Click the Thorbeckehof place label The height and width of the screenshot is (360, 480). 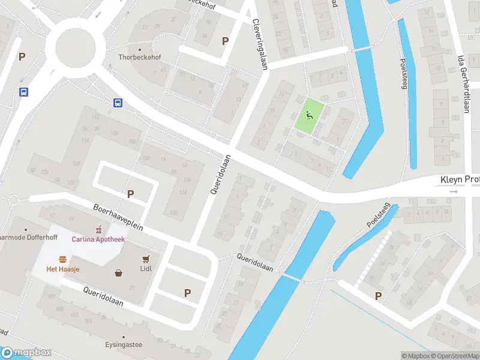(x=140, y=58)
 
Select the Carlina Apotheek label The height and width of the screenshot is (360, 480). (x=98, y=239)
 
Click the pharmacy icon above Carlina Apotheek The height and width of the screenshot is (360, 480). (x=98, y=229)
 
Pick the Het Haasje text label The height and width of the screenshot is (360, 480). (x=63, y=269)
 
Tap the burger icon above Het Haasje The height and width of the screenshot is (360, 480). (x=62, y=259)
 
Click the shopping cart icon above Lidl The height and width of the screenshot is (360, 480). (x=145, y=259)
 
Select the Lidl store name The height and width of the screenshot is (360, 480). (x=146, y=268)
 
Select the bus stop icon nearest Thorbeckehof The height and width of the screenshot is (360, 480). (x=118, y=103)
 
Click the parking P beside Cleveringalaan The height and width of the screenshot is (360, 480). (x=225, y=41)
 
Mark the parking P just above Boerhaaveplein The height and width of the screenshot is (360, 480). (x=130, y=194)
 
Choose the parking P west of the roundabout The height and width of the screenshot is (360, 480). (x=22, y=57)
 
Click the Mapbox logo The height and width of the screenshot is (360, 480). (x=26, y=353)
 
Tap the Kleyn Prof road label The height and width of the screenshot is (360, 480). (x=460, y=180)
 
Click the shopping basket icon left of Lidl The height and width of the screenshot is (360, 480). (x=119, y=274)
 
